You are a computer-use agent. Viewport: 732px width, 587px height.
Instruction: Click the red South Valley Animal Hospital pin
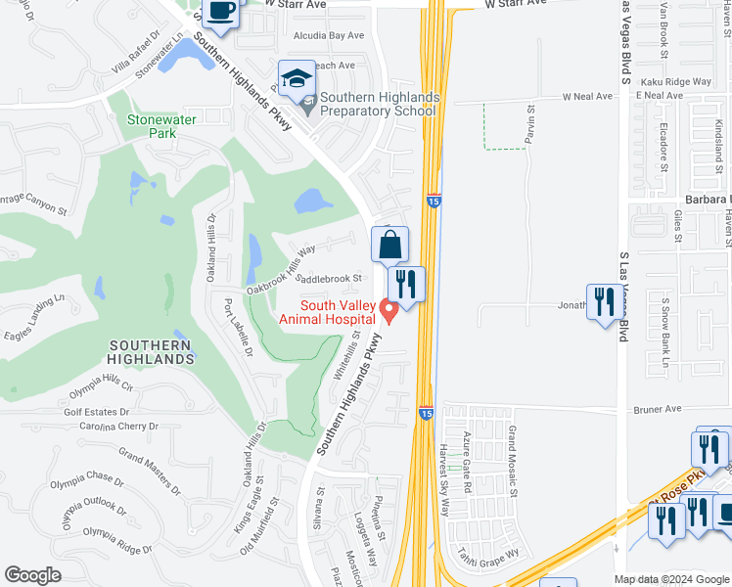[389, 311]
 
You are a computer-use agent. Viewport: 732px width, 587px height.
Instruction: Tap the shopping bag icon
[389, 245]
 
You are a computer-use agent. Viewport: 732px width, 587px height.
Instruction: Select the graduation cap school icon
[297, 78]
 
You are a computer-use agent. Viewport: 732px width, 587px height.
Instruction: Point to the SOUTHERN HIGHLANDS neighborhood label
[151, 352]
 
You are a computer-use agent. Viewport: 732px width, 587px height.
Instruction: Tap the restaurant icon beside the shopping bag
[406, 285]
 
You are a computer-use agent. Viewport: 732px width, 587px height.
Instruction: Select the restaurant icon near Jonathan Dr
[604, 301]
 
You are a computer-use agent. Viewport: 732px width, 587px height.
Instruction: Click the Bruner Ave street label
[656, 409]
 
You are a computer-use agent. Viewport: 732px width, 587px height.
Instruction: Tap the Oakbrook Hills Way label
[281, 270]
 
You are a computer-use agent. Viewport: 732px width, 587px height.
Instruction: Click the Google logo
[33, 574]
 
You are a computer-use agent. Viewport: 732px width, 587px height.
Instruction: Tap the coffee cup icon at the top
[221, 13]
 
